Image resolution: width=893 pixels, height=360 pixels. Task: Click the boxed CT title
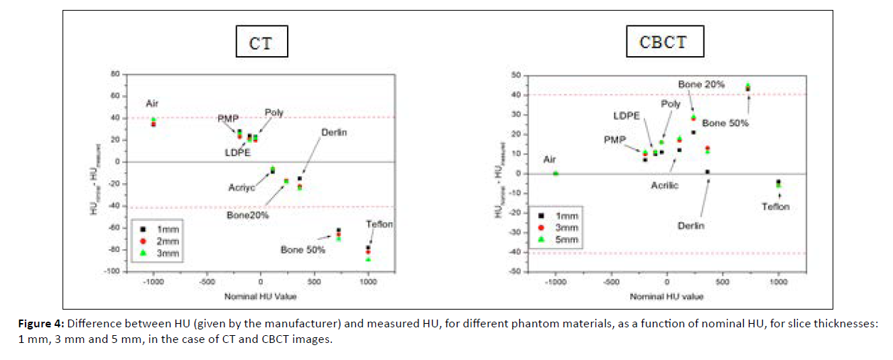tap(262, 43)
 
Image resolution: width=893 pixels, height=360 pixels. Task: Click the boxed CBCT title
tap(664, 41)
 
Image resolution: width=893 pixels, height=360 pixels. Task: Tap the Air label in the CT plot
tap(153, 103)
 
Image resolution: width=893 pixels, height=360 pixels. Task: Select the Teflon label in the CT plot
tap(379, 224)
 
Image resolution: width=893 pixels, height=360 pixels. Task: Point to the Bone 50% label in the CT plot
tap(303, 250)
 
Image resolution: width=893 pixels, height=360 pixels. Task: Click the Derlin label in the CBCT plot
tap(691, 226)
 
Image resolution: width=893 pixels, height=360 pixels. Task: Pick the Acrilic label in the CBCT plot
tap(664, 185)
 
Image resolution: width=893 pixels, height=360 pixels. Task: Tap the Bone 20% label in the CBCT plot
tap(701, 84)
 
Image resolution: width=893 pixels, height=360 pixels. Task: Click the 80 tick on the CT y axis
tap(113, 74)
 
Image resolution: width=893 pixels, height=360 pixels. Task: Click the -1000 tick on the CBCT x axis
tap(555, 282)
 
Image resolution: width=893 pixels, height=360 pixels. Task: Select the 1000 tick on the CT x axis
tap(368, 282)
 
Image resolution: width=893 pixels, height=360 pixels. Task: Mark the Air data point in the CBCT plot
tap(556, 173)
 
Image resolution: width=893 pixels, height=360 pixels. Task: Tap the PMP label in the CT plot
tap(228, 118)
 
